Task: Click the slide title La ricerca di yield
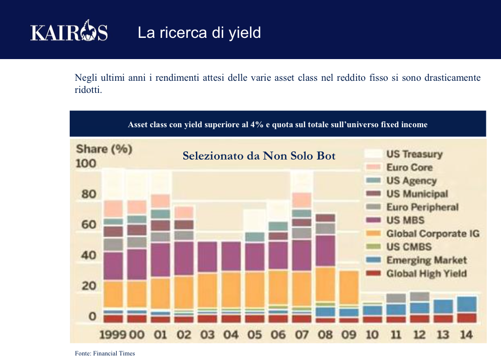coord(199,33)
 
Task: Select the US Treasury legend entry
coord(414,154)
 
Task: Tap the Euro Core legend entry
coord(410,167)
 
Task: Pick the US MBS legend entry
coord(405,220)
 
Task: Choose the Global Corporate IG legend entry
coord(432,233)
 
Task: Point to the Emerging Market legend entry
coord(426,260)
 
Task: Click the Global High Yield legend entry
coord(426,274)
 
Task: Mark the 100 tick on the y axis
coord(85,164)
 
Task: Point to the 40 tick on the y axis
coord(85,255)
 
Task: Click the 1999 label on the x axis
coord(113,334)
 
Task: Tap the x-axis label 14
coord(467,334)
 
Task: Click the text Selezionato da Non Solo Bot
coord(259,156)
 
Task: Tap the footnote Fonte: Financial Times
coord(105,353)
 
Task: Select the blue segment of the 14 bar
coord(467,304)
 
